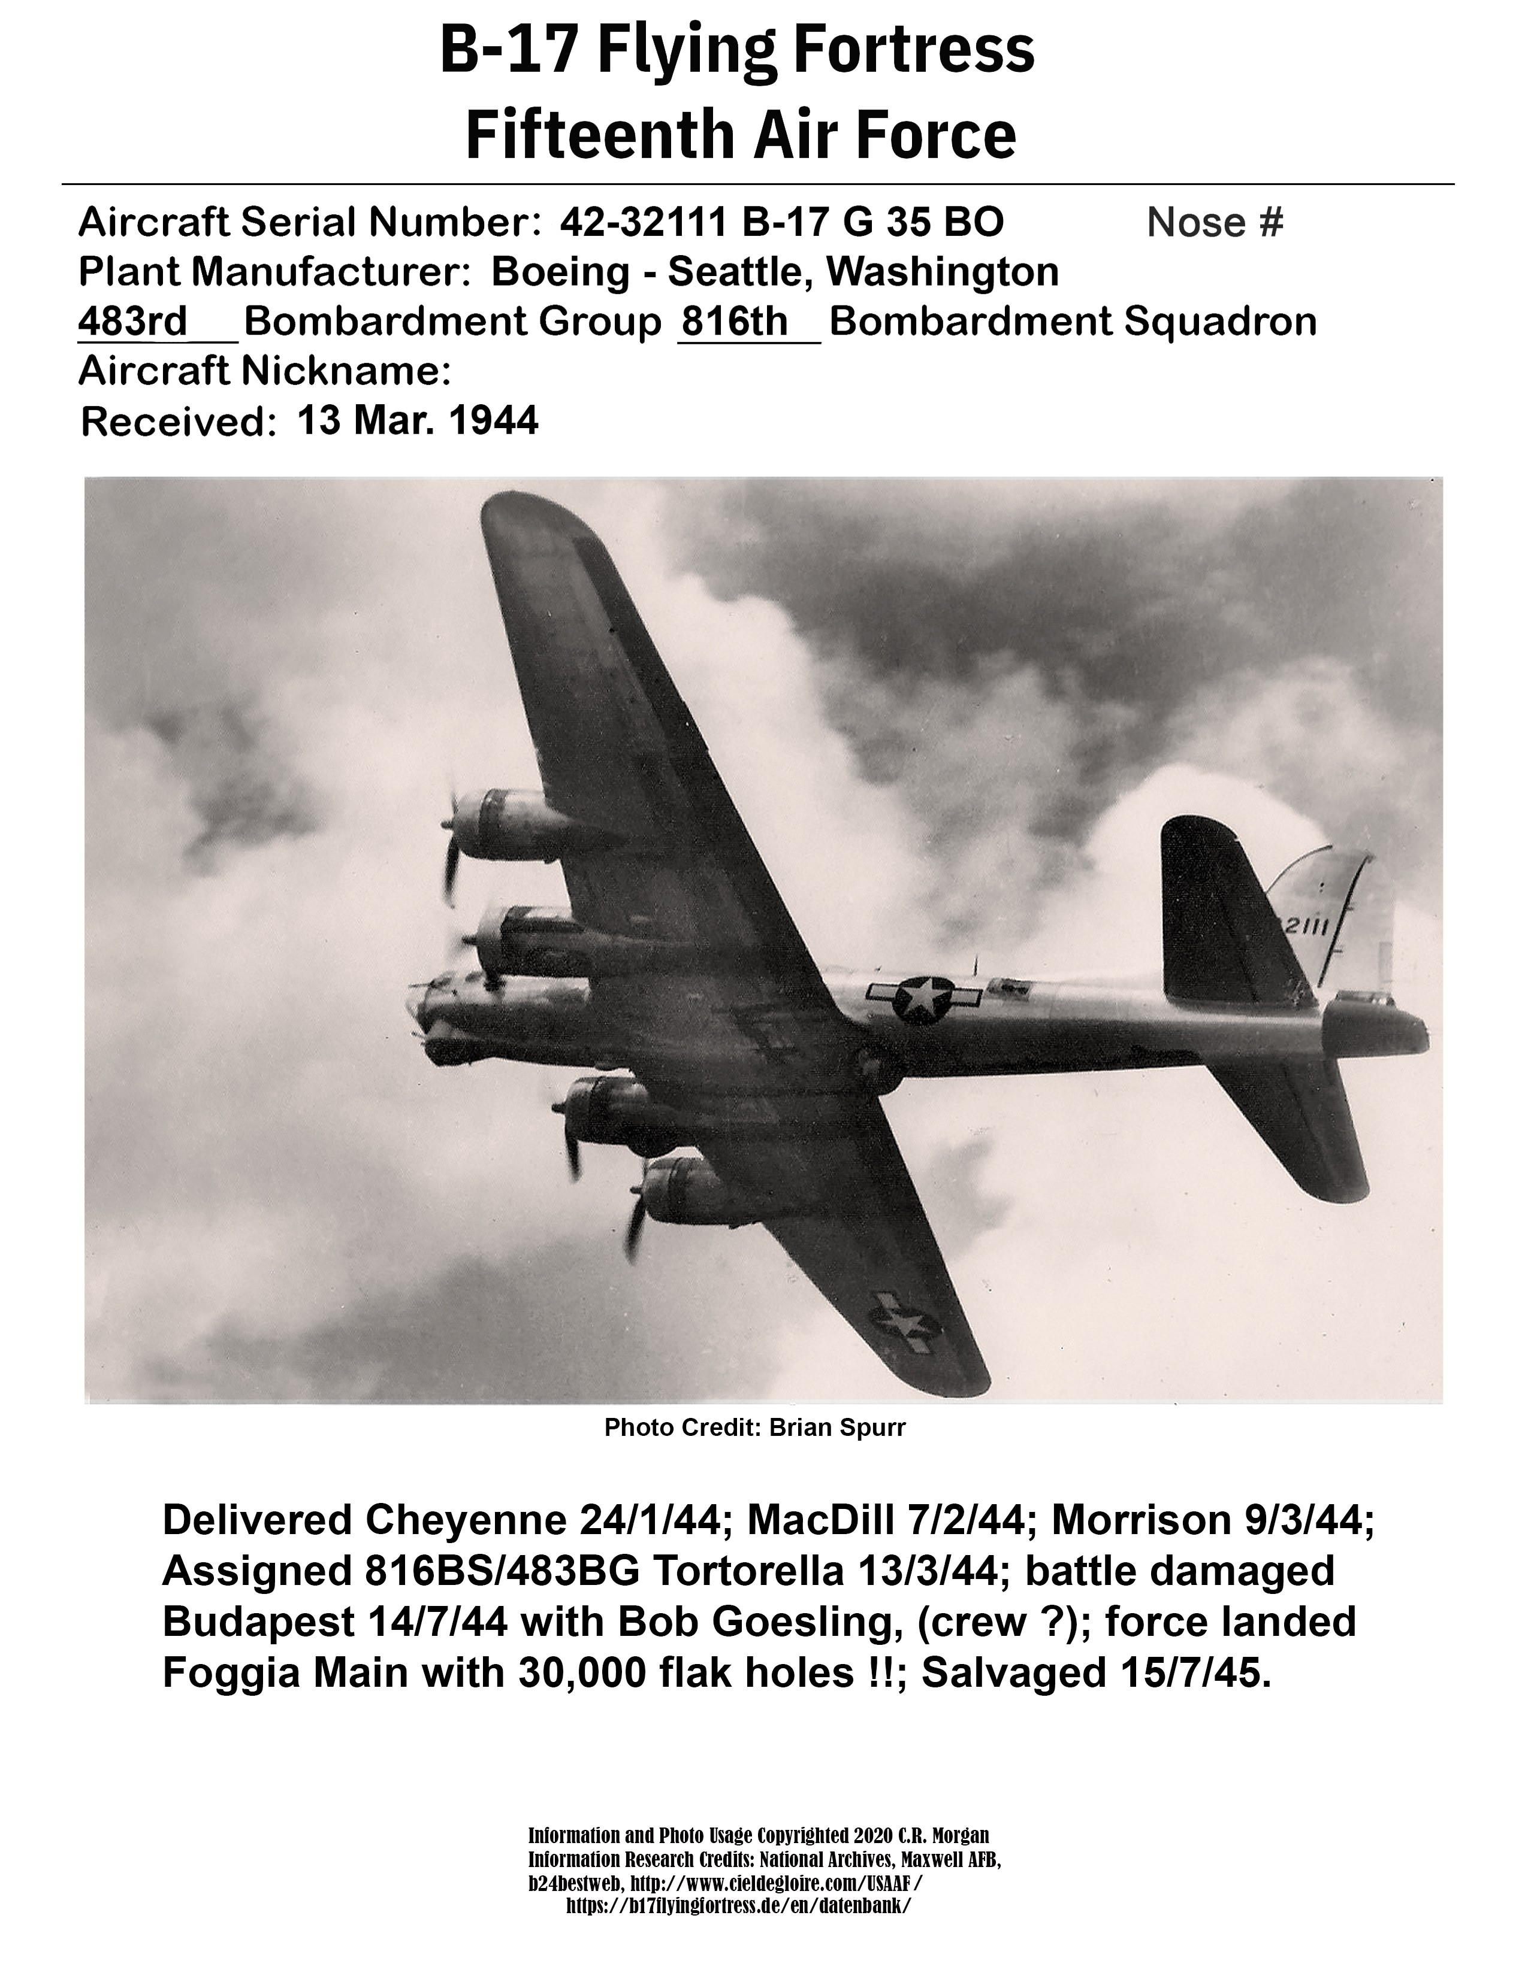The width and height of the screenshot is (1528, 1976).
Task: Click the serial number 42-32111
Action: point(645,222)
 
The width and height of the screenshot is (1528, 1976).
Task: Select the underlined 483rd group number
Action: point(133,321)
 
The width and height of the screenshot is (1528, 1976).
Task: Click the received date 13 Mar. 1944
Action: point(417,420)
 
